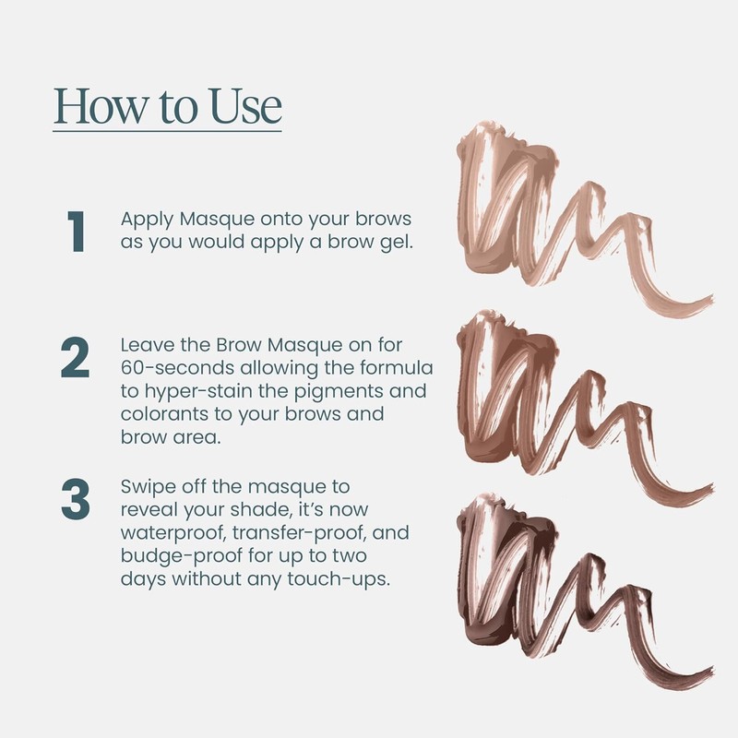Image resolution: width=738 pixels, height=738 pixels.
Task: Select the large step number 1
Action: coord(75,232)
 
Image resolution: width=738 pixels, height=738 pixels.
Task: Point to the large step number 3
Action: coord(75,499)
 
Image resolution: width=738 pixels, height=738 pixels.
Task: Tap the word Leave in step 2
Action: coord(146,344)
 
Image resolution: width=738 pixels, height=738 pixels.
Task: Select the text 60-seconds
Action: coord(172,368)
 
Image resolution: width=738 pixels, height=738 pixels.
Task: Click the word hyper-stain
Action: coord(198,391)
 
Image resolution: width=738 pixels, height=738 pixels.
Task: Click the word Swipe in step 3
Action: coord(148,486)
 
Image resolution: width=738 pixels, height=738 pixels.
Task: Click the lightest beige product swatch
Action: coord(517,212)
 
